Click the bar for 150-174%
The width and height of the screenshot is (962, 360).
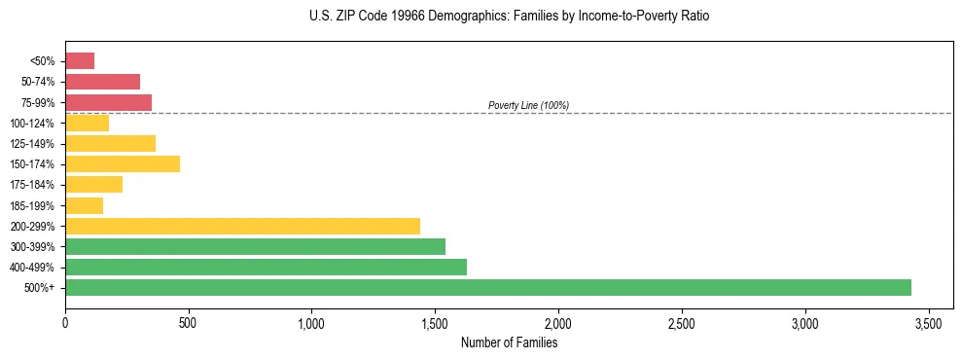click(x=123, y=163)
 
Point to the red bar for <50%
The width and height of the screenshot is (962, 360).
click(x=80, y=61)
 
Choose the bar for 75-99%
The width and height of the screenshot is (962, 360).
click(x=108, y=102)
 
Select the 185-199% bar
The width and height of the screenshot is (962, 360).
click(x=84, y=205)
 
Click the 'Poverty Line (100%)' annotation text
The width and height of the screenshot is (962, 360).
click(x=528, y=105)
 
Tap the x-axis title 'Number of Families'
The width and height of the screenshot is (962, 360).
click(x=509, y=342)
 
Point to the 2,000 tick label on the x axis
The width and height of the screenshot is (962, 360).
click(x=558, y=322)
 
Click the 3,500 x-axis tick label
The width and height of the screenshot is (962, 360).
click(x=929, y=322)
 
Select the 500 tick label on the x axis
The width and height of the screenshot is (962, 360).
click(x=189, y=322)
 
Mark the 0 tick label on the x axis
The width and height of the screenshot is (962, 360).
click(x=65, y=322)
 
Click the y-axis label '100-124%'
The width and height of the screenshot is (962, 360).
click(x=33, y=124)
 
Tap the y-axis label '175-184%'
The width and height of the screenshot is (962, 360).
click(x=33, y=185)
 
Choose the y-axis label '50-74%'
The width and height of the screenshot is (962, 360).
click(x=37, y=82)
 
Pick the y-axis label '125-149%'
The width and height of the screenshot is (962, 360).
click(x=33, y=144)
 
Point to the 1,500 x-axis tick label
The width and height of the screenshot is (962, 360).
click(x=435, y=322)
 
